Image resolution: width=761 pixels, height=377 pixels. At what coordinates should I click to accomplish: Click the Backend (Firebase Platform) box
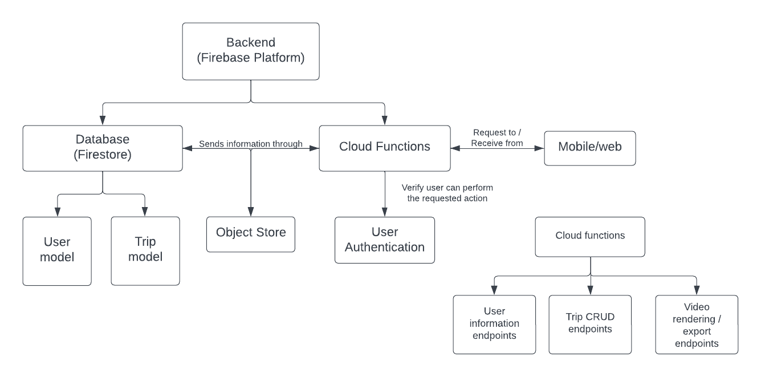click(251, 51)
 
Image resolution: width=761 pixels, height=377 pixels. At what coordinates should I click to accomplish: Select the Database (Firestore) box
click(103, 148)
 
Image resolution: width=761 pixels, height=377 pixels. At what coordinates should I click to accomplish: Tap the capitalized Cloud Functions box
click(384, 148)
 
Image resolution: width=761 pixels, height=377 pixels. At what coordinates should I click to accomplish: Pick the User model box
click(57, 251)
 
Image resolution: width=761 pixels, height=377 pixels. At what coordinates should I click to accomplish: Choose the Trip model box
click(145, 251)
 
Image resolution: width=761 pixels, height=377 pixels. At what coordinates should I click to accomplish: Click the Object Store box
click(251, 234)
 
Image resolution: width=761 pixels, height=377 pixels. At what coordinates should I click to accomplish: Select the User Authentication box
click(384, 240)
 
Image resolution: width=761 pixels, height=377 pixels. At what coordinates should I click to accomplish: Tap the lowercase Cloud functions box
click(590, 236)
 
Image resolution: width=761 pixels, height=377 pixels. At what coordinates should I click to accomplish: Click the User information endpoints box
click(494, 325)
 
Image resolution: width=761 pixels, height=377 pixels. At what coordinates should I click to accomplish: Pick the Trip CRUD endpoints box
click(590, 325)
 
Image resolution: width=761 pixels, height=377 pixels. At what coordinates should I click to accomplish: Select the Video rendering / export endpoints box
click(697, 325)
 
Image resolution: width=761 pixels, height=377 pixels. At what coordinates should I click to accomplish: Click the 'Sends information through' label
click(251, 144)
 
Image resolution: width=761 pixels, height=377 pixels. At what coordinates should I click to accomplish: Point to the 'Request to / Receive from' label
click(497, 138)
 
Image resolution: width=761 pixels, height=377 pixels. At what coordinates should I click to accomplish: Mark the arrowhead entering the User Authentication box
click(385, 212)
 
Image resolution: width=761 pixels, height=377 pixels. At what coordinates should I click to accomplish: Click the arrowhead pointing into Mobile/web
click(539, 148)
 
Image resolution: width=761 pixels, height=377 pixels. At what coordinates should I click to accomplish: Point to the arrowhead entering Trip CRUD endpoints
click(590, 291)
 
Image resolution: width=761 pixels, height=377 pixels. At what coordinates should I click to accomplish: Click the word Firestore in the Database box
click(103, 155)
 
